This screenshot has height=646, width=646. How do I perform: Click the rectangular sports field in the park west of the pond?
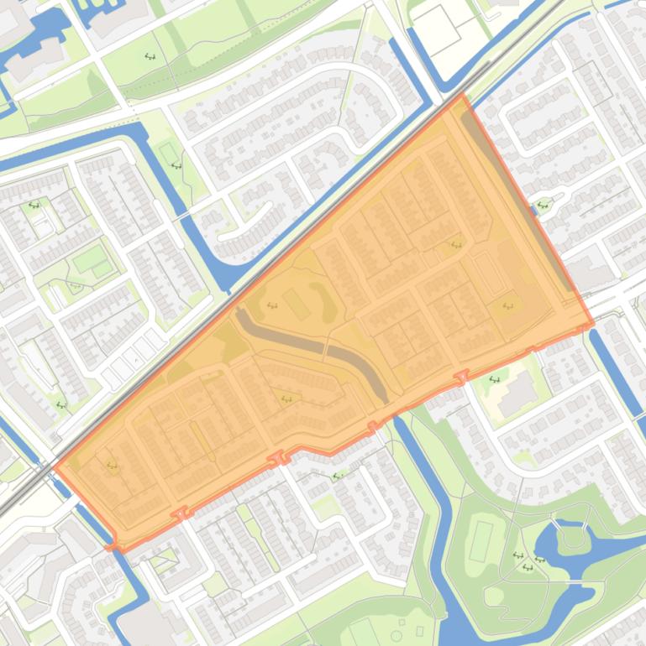click(x=481, y=541)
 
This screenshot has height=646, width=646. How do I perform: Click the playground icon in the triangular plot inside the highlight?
click(x=286, y=399)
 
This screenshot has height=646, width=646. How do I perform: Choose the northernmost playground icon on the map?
click(x=150, y=56)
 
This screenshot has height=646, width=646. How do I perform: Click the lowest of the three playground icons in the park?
click(x=528, y=568)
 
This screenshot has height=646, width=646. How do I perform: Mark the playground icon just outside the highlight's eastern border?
click(x=544, y=202)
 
